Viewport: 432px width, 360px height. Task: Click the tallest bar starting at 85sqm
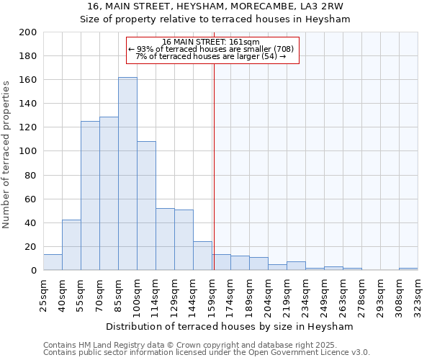(x=127, y=174)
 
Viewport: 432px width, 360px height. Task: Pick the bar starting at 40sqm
(x=71, y=245)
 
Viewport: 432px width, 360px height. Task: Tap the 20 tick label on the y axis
(x=30, y=246)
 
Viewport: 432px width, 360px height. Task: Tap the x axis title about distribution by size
(x=230, y=326)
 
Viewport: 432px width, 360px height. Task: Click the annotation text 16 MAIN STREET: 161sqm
(x=210, y=42)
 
